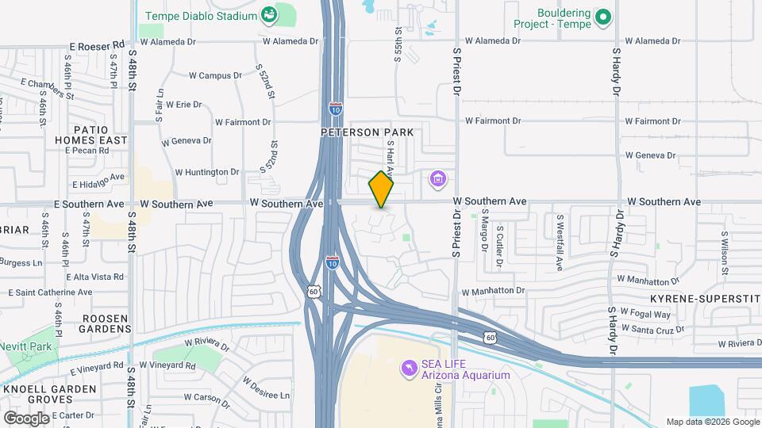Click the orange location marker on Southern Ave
click(x=382, y=189)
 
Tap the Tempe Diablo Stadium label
click(x=201, y=16)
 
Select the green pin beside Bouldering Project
click(x=602, y=16)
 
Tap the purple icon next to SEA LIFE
click(x=409, y=368)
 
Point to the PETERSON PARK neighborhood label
click(x=368, y=132)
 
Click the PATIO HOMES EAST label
click(x=100, y=135)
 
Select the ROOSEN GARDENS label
click(x=105, y=323)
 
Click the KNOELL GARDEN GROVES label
click(x=49, y=395)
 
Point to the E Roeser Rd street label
click(x=98, y=46)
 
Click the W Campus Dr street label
click(x=214, y=76)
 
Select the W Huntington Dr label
click(x=206, y=171)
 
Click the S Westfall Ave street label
click(x=560, y=239)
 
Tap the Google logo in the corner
click(x=26, y=418)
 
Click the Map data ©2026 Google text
click(x=712, y=422)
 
